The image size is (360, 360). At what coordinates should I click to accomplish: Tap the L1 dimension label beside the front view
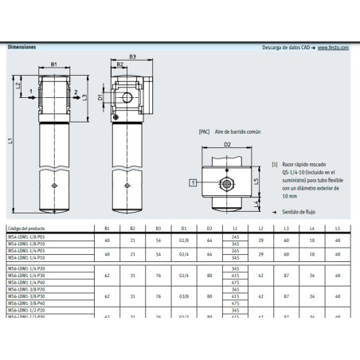(x=10, y=139)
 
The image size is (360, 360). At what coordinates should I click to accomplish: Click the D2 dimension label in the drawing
(x=227, y=145)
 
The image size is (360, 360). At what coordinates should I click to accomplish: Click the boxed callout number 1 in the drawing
(x=193, y=182)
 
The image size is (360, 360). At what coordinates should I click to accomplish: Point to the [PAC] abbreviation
(x=204, y=130)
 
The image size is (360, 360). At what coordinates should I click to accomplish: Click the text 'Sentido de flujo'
(x=299, y=211)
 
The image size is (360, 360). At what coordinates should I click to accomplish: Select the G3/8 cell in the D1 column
(x=184, y=296)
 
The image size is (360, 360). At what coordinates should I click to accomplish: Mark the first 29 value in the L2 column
(x=260, y=239)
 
